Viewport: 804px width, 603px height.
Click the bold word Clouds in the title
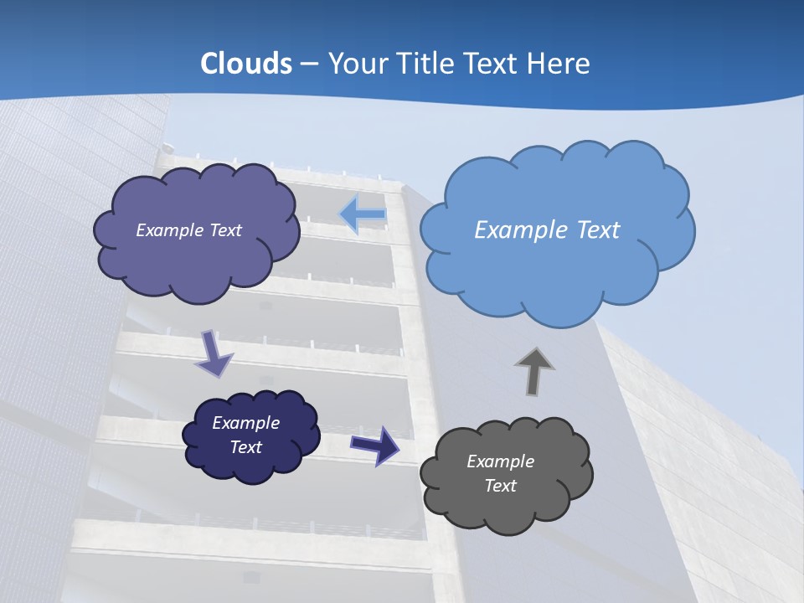click(245, 64)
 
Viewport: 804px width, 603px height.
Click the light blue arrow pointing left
click(363, 214)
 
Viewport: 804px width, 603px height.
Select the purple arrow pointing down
click(214, 353)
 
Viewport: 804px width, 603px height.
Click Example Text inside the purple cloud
click(188, 230)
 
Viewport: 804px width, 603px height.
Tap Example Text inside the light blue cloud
click(547, 230)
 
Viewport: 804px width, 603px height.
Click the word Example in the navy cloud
click(245, 423)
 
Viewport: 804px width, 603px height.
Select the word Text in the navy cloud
click(245, 447)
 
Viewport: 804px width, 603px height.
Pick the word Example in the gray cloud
click(500, 461)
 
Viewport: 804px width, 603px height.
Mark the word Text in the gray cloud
click(500, 486)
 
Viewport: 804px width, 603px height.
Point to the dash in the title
click(308, 64)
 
